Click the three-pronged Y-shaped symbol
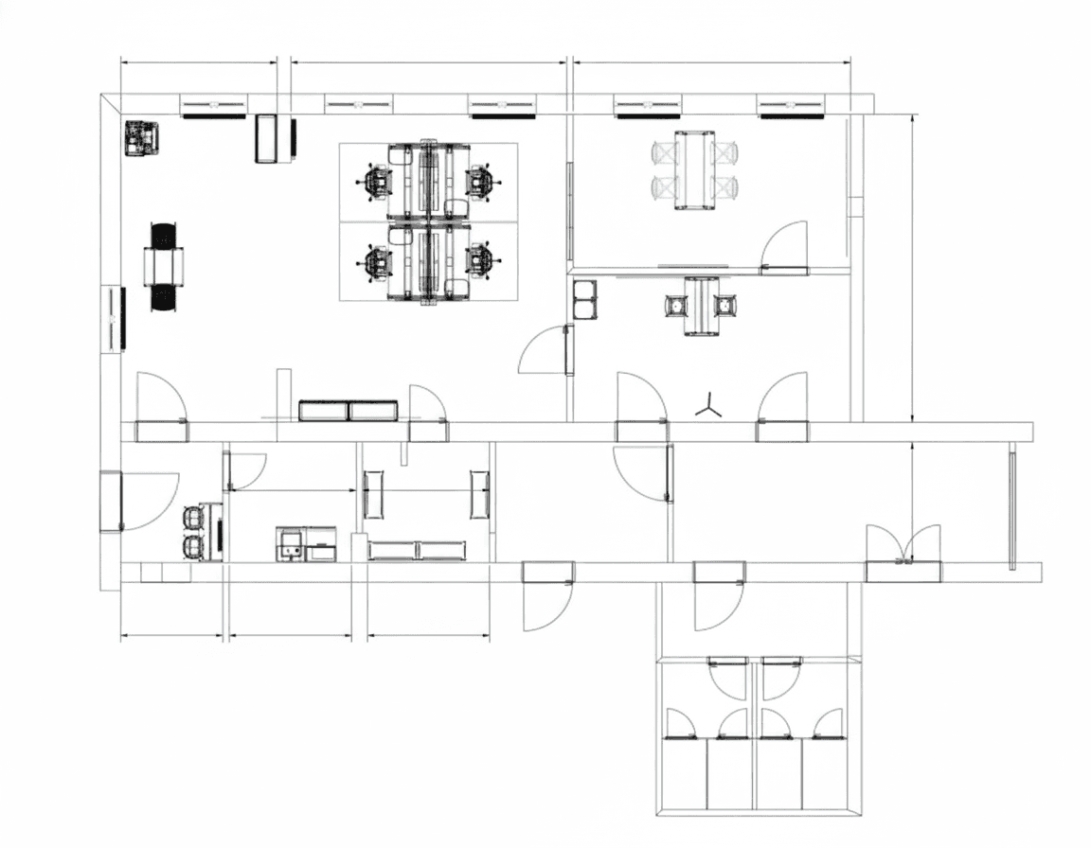coord(708,407)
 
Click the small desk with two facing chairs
coord(701,306)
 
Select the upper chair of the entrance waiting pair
coord(193,517)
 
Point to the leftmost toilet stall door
coord(680,724)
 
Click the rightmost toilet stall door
coord(827,724)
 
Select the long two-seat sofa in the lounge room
coord(417,550)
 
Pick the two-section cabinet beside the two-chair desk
coord(585,299)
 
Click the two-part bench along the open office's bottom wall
coord(348,410)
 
